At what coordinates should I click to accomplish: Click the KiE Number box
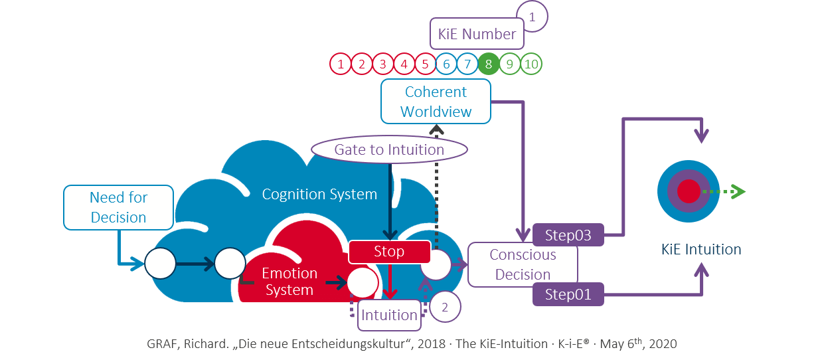[477, 34]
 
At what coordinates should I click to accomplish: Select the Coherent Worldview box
[436, 102]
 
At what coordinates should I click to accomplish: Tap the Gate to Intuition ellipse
[389, 149]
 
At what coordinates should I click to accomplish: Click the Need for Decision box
[118, 207]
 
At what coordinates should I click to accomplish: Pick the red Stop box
[389, 252]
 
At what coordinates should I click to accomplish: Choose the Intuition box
[389, 315]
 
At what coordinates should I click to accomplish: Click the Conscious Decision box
[523, 264]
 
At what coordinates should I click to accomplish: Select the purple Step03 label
[568, 234]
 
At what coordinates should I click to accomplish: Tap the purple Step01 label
[568, 294]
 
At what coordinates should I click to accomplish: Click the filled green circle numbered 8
[489, 64]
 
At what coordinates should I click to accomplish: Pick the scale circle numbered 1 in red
[341, 64]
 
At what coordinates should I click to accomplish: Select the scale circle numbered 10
[531, 64]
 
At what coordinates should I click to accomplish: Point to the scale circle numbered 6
[447, 64]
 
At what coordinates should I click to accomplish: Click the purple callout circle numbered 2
[445, 308]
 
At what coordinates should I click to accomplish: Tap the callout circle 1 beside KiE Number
[531, 17]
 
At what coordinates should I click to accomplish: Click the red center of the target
[689, 191]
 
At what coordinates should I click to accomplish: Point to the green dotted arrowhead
[738, 191]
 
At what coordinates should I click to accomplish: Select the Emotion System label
[289, 282]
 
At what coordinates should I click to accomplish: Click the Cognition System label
[319, 195]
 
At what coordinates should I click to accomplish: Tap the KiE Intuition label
[701, 250]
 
